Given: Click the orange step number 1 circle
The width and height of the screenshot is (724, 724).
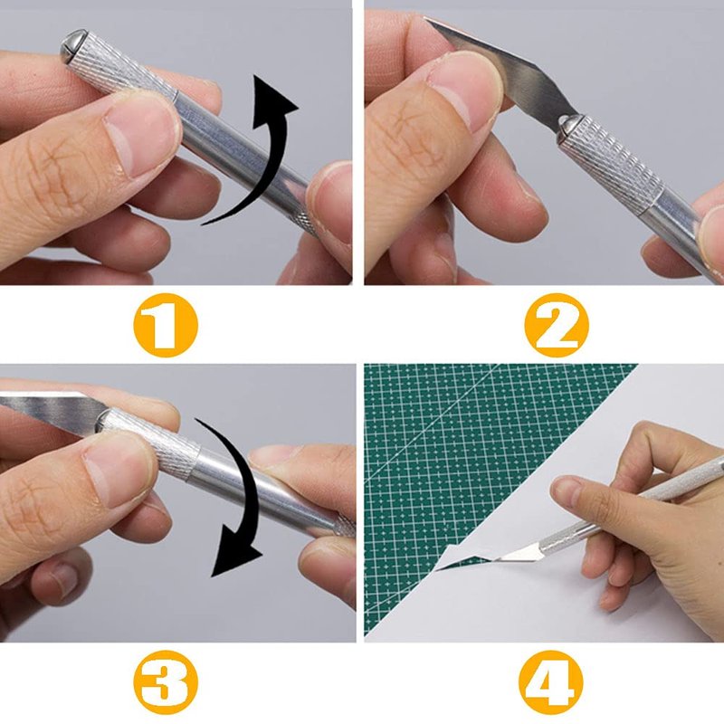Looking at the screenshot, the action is pyautogui.click(x=166, y=325).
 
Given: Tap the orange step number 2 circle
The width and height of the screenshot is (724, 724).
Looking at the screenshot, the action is pyautogui.click(x=557, y=325).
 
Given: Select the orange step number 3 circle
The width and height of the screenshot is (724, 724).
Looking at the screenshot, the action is pyautogui.click(x=166, y=682).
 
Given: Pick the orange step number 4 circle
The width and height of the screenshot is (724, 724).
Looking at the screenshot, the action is pyautogui.click(x=551, y=682).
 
